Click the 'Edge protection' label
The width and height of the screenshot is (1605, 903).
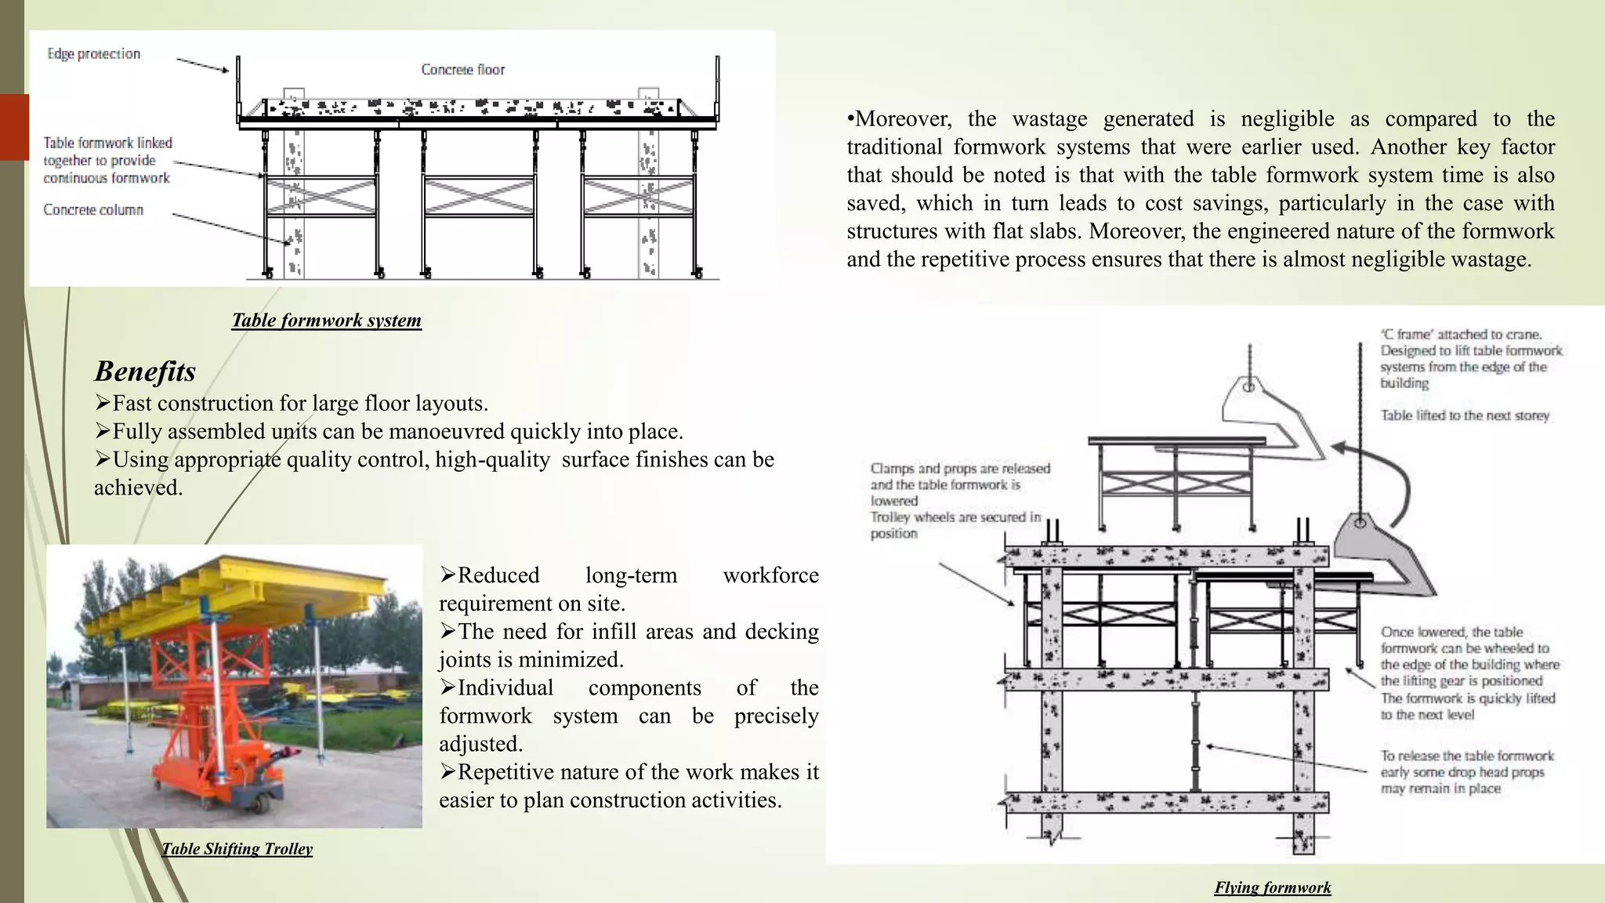pyautogui.click(x=94, y=54)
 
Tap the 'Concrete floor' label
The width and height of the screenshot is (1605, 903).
pyautogui.click(x=463, y=70)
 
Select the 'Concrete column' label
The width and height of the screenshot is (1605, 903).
pyautogui.click(x=93, y=210)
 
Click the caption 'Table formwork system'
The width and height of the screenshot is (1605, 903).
pyautogui.click(x=327, y=321)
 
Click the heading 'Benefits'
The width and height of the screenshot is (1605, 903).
pyautogui.click(x=145, y=371)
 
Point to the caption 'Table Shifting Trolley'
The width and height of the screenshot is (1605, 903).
pyautogui.click(x=237, y=849)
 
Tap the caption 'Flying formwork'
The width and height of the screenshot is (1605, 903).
pyautogui.click(x=1273, y=888)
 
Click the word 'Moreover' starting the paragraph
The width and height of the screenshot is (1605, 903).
pyautogui.click(x=902, y=119)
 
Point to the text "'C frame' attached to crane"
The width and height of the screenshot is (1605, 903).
pyautogui.click(x=1462, y=335)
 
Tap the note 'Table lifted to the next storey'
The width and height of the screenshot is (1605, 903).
pyautogui.click(x=1465, y=416)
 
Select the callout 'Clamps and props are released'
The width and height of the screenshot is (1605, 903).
pyautogui.click(x=960, y=469)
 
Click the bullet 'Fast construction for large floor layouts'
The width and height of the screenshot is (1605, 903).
pyautogui.click(x=299, y=404)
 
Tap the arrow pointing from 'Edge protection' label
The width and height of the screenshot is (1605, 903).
pyautogui.click(x=202, y=65)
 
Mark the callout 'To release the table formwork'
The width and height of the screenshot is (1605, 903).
pyautogui.click(x=1467, y=756)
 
